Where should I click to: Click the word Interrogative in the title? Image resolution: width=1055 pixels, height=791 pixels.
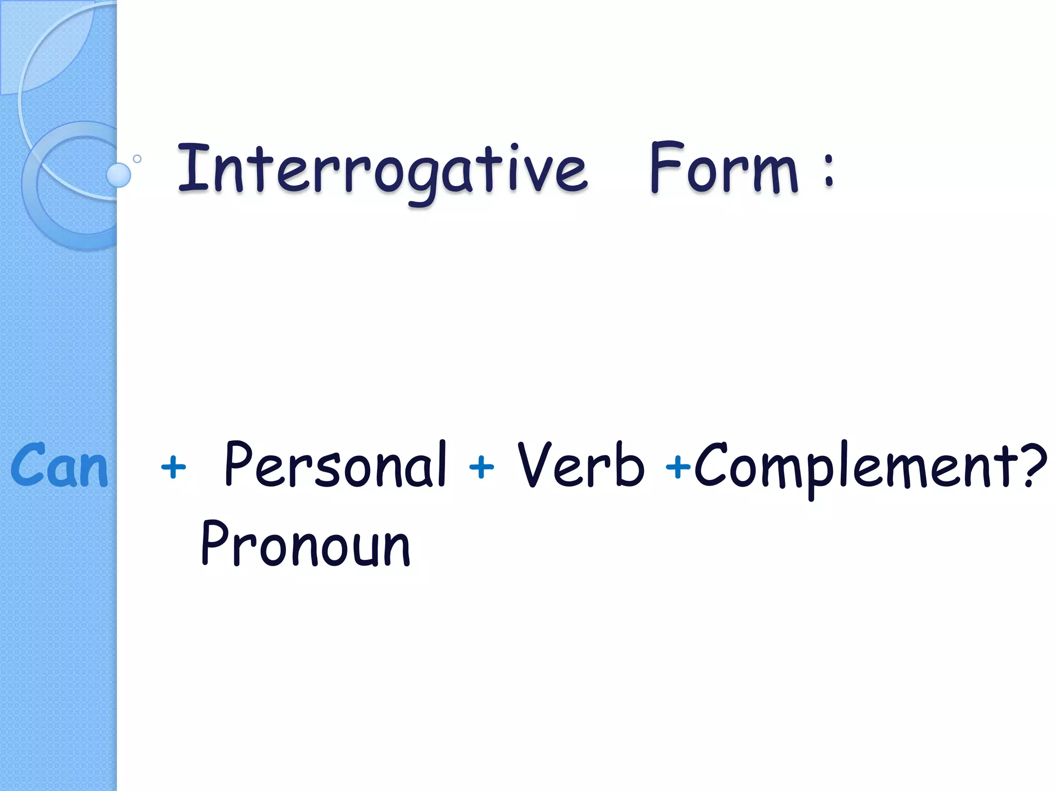coord(382,170)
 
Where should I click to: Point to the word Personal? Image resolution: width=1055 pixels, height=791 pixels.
coord(335,465)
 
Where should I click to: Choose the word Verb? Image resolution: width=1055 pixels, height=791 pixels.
coord(581,465)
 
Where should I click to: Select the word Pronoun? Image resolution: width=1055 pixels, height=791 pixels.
coord(305,544)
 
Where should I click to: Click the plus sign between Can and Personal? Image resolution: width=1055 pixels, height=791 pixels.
coord(173,468)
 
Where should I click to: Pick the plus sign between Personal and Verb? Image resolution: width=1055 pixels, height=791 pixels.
coord(481,468)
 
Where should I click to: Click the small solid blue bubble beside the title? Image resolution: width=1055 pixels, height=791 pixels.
coord(118,175)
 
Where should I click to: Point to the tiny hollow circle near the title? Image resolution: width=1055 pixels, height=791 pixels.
coord(137,159)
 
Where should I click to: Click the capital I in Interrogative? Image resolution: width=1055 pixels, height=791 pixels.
coord(191,168)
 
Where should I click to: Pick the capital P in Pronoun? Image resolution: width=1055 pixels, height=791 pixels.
coord(216,543)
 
